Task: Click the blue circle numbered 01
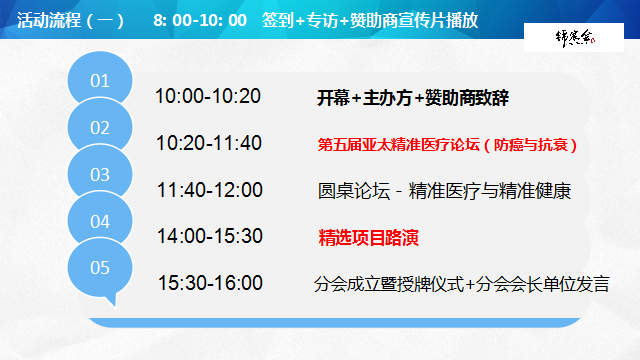(101, 81)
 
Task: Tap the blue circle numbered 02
(101, 127)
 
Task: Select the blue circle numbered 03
(101, 174)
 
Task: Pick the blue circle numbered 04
(101, 221)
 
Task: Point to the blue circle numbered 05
(101, 268)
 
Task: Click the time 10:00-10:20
(208, 97)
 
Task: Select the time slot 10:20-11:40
(209, 143)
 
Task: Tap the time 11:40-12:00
(209, 190)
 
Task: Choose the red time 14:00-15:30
(209, 236)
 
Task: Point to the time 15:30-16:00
(209, 283)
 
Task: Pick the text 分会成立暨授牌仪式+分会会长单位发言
(461, 284)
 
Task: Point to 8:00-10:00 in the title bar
(200, 19)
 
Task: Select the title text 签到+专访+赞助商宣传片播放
(375, 19)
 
